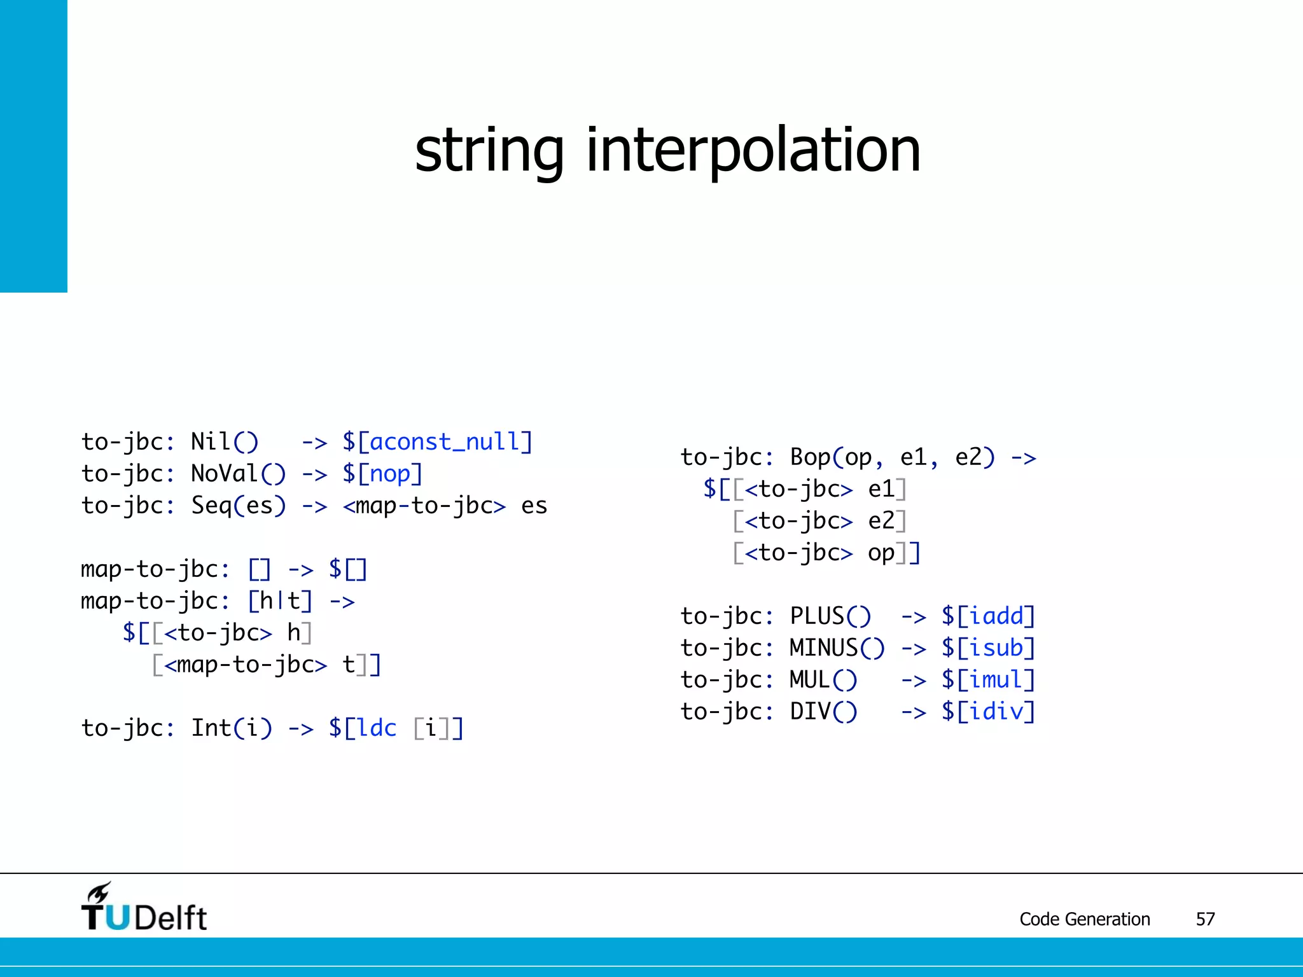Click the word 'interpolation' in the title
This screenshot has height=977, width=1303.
(753, 151)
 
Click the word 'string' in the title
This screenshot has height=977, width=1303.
(489, 151)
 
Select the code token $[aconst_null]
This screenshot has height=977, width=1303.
(437, 442)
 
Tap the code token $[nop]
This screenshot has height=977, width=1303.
(382, 474)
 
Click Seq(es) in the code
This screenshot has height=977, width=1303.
(239, 506)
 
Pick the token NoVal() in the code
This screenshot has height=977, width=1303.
(239, 474)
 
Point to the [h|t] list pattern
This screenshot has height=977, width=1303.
(280, 601)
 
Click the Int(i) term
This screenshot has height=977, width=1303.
(232, 728)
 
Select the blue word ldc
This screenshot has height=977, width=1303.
(377, 728)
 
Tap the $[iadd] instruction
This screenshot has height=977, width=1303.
(989, 616)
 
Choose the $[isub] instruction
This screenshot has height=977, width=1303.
(989, 648)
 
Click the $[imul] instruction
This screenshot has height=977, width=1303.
(989, 680)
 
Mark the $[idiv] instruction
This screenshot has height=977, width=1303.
(989, 712)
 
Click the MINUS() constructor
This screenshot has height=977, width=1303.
(837, 648)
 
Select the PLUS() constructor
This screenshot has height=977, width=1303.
(830, 616)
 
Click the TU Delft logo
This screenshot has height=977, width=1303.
(144, 908)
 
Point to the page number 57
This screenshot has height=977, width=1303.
(1205, 919)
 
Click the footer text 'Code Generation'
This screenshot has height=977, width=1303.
(1085, 919)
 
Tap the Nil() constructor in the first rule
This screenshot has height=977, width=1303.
(225, 442)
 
